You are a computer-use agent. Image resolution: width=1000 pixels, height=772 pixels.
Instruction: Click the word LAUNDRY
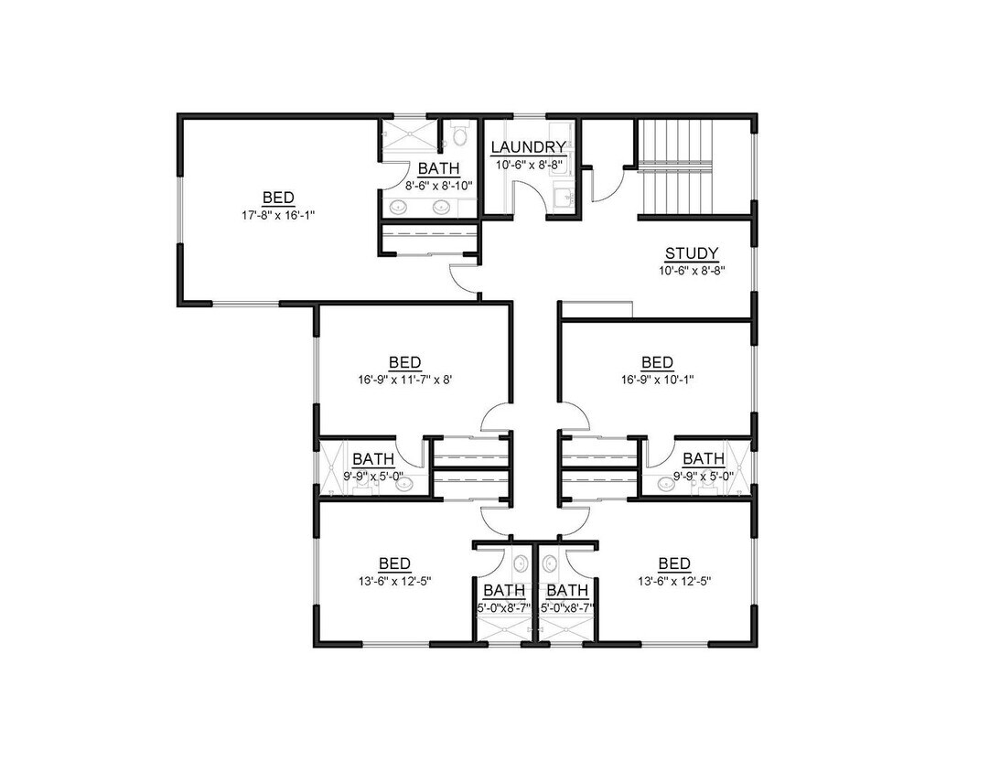(529, 147)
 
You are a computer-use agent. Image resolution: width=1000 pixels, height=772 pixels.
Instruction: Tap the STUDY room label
(691, 253)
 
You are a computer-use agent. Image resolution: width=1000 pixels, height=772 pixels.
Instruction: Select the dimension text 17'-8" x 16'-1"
(278, 215)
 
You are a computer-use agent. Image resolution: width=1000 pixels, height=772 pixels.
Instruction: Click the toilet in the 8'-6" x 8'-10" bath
(459, 137)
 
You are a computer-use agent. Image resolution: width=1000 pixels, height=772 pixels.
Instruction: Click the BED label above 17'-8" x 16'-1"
(278, 198)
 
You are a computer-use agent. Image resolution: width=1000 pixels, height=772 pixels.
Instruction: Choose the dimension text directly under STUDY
(691, 271)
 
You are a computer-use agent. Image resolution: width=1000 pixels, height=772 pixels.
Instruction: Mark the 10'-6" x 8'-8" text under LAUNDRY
(529, 165)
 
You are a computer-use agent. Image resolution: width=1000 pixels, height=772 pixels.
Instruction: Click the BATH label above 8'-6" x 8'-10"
(437, 168)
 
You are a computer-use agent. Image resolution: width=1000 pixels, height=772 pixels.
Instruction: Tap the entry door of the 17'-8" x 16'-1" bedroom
(466, 278)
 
